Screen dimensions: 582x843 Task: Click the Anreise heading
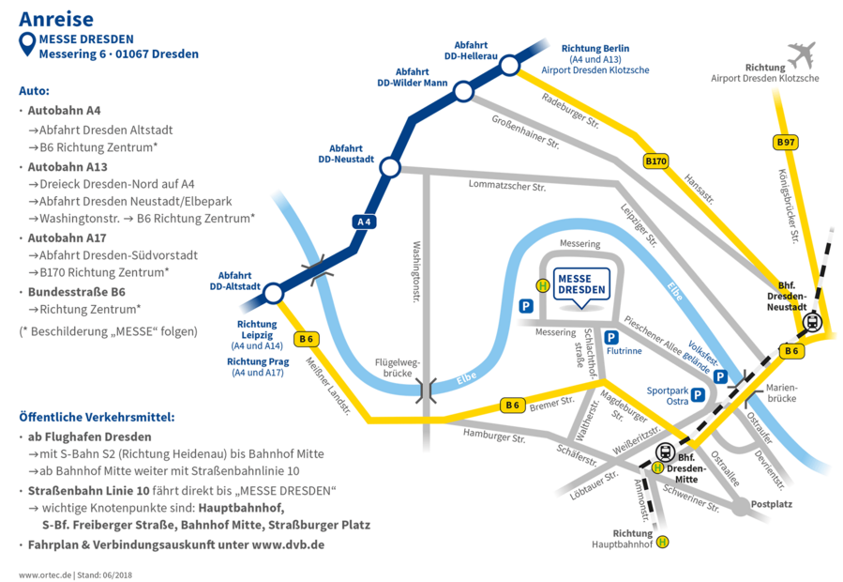55,19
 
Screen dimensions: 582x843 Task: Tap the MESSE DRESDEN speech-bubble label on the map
581,284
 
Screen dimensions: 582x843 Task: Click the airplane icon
802,55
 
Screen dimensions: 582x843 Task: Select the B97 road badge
786,142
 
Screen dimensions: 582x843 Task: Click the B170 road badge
656,161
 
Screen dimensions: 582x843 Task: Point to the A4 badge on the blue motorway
365,222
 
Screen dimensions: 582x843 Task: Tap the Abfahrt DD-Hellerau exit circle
509,65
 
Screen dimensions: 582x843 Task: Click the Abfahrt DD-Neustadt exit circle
390,167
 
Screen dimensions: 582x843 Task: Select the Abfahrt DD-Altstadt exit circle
273,294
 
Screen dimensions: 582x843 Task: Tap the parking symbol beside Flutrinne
611,337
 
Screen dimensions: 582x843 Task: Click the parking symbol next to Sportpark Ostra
698,395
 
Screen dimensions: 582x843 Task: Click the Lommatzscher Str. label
507,186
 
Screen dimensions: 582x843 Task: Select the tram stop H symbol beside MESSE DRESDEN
542,285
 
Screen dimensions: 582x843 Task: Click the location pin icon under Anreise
26,43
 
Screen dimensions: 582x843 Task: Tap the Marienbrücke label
780,391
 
